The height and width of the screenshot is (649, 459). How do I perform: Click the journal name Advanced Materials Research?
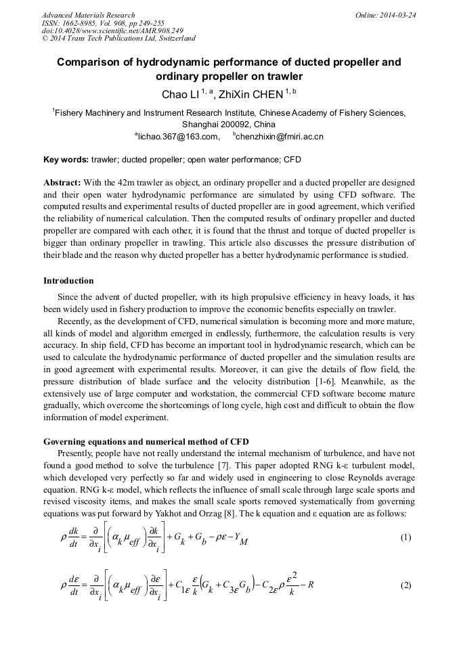coord(89,15)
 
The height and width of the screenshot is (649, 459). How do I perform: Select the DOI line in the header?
coord(112,31)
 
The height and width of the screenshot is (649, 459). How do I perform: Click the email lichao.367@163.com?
coord(179,137)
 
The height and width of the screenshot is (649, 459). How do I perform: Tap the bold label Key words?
coord(66,160)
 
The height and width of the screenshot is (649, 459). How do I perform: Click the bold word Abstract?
coord(62,183)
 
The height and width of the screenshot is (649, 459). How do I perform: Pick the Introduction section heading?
coord(68,280)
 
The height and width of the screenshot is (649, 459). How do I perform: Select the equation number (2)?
coord(405,585)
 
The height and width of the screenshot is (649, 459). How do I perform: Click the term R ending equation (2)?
coord(311,585)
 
